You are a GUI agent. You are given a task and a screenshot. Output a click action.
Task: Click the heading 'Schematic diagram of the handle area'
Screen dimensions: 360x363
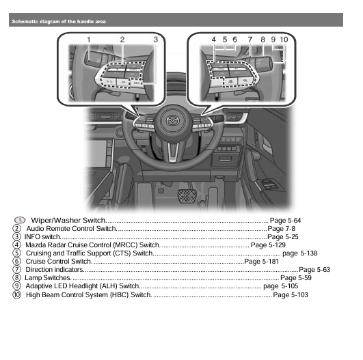click(59, 21)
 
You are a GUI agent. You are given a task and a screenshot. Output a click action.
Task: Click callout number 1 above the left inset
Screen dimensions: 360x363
click(88, 40)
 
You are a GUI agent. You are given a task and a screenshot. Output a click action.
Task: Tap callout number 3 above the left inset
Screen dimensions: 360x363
click(156, 40)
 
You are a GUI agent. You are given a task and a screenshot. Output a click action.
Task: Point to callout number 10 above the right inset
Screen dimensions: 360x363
click(283, 40)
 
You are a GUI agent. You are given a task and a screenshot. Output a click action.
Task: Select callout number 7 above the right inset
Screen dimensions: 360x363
click(250, 40)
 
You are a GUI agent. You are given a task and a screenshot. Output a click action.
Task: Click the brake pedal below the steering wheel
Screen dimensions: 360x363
click(186, 198)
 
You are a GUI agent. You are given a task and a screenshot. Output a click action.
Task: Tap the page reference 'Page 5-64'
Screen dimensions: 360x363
click(286, 221)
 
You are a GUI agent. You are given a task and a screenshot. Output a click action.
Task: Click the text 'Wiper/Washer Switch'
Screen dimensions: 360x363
click(68, 221)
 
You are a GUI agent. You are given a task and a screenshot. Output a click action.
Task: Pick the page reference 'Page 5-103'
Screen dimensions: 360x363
click(291, 295)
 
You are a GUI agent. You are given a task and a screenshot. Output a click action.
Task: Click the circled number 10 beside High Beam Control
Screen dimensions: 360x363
click(17, 295)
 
